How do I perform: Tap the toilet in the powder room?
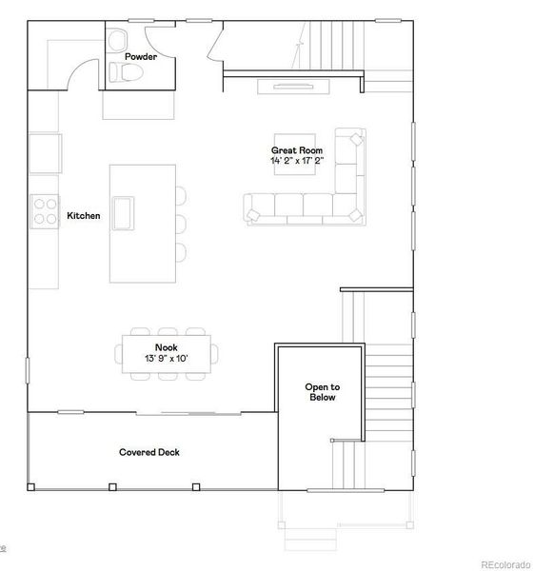(130, 71)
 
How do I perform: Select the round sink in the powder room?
(118, 41)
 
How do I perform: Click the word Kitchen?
(83, 216)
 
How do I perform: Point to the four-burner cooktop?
(44, 210)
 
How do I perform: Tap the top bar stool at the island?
(180, 197)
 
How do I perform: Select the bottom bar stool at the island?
(180, 252)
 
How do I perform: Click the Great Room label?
(297, 150)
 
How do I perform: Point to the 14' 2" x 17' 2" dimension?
(297, 161)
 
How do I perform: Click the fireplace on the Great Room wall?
(294, 87)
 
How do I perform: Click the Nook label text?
(167, 348)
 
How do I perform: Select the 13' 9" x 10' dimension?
(167, 359)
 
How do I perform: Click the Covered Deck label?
(149, 452)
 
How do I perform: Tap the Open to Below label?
(322, 392)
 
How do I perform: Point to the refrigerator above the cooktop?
(44, 150)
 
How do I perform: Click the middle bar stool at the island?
(180, 225)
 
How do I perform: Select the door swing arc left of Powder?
(81, 71)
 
